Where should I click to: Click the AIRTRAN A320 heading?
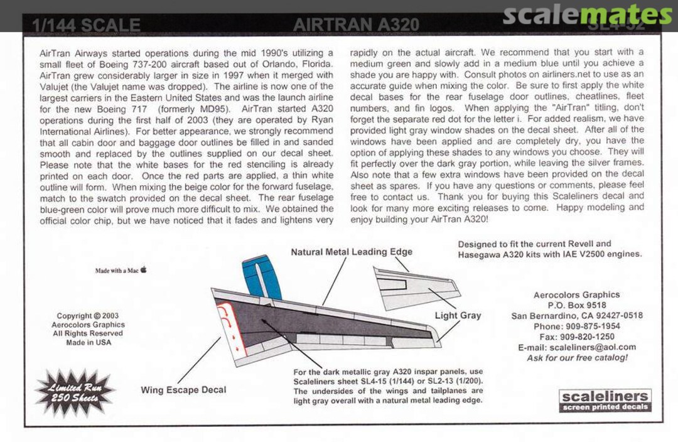coord(356,25)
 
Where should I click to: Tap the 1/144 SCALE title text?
coord(86,26)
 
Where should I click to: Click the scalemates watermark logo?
coord(587,14)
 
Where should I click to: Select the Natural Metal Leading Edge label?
coord(352,252)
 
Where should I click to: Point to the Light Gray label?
coord(458,315)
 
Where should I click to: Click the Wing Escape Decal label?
coord(183,390)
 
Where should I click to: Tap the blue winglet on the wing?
coord(261,277)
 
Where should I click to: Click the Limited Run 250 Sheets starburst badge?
coord(75,392)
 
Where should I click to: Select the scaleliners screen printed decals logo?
coord(605,401)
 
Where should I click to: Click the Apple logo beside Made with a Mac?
coord(144,270)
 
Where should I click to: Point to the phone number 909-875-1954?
coord(576,326)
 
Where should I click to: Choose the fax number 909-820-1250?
coord(576,337)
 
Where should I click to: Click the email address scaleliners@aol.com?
coord(576,347)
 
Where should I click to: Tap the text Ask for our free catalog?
coord(577,358)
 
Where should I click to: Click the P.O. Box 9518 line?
coord(576,305)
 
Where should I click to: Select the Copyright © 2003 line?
coord(88,316)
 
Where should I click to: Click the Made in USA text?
coord(88,343)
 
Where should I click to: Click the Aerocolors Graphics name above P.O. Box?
coord(576,294)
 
